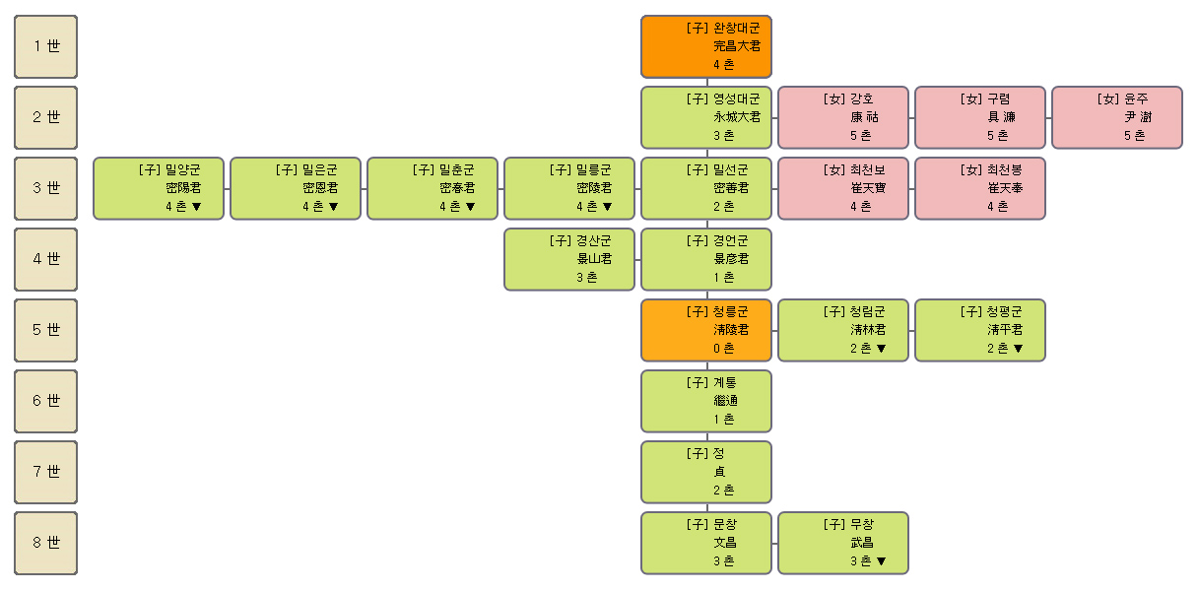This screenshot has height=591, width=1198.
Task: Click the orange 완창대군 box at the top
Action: click(x=706, y=46)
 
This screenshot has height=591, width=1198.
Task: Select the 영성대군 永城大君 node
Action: click(x=706, y=117)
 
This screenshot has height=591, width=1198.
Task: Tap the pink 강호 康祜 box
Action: click(x=843, y=117)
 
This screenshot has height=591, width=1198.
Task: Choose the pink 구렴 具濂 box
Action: click(x=980, y=117)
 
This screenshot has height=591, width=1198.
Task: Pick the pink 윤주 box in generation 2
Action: click(x=1116, y=117)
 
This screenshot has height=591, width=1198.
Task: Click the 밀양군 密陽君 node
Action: click(x=159, y=188)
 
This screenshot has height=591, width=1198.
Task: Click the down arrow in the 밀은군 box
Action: click(x=333, y=207)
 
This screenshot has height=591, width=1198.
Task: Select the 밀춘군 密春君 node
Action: click(x=433, y=188)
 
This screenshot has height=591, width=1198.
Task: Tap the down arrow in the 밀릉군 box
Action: click(x=607, y=207)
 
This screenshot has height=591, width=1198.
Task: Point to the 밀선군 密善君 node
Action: click(x=706, y=188)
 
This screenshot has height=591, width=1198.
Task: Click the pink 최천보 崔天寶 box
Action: click(x=843, y=188)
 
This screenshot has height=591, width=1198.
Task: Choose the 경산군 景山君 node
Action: click(x=569, y=259)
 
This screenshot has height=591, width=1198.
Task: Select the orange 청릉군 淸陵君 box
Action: click(x=706, y=331)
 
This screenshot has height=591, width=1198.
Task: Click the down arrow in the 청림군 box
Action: click(x=881, y=349)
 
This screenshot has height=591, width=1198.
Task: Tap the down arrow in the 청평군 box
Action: click(x=1018, y=349)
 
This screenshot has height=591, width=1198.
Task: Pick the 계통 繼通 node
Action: click(x=706, y=401)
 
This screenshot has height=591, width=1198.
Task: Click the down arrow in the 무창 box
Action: click(x=881, y=561)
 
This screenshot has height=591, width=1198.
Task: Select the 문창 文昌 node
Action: click(x=706, y=544)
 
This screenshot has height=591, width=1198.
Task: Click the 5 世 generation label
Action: click(x=46, y=331)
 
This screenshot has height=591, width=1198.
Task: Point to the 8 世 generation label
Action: click(x=46, y=544)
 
